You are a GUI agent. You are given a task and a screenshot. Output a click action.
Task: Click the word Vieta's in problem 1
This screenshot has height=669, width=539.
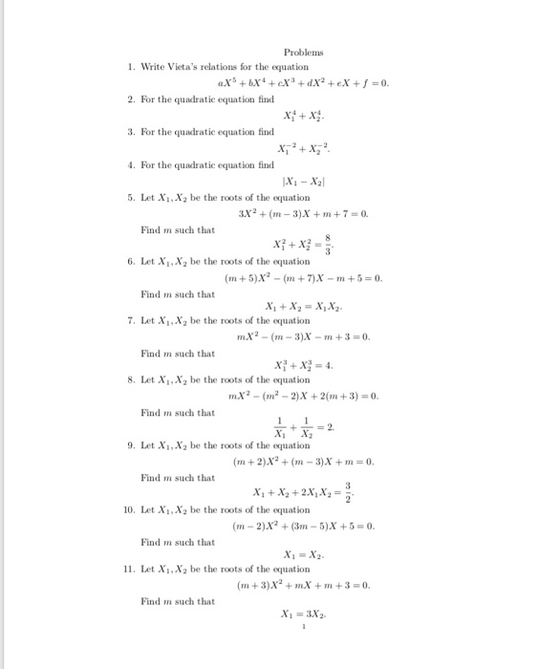[x=187, y=68]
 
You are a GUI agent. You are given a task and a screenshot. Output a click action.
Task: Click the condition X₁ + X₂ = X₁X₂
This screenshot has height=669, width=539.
[x=302, y=310]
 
